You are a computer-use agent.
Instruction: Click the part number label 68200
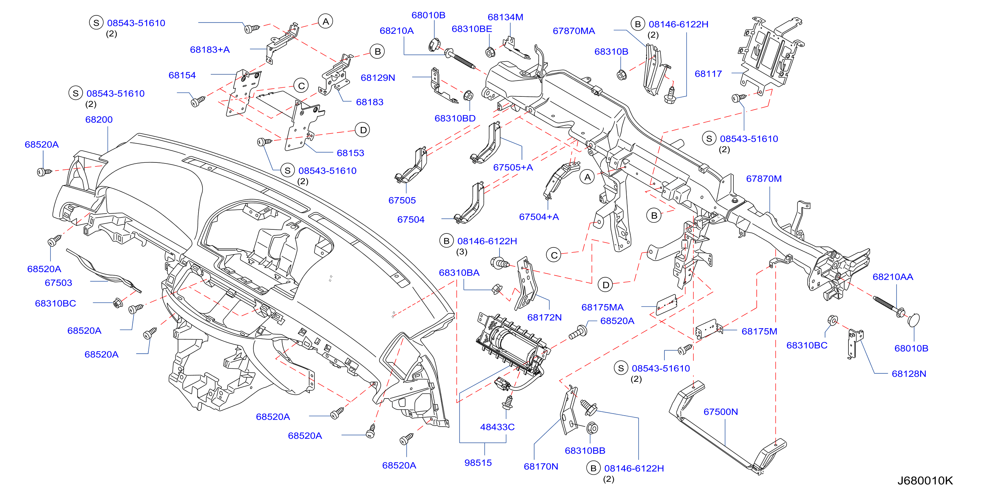point(99,119)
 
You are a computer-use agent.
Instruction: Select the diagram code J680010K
point(925,481)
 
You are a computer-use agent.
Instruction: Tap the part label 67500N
point(721,412)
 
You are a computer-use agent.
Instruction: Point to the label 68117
point(708,74)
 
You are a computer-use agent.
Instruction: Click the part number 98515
point(478,463)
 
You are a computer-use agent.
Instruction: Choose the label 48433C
point(497,427)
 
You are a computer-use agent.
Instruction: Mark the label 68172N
point(544,317)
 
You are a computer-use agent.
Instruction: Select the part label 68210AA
point(893,276)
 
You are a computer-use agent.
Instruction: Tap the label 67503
point(59,283)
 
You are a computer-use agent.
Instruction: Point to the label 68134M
point(505,17)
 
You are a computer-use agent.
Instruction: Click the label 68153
point(351,153)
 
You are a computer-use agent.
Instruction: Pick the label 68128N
point(909,373)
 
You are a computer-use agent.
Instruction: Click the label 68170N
point(541,466)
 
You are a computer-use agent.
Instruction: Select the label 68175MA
point(602,307)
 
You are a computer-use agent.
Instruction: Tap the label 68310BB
point(585,450)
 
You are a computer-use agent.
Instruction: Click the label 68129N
point(378,78)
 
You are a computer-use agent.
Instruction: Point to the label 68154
point(182,75)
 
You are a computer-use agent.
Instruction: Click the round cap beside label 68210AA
point(914,320)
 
